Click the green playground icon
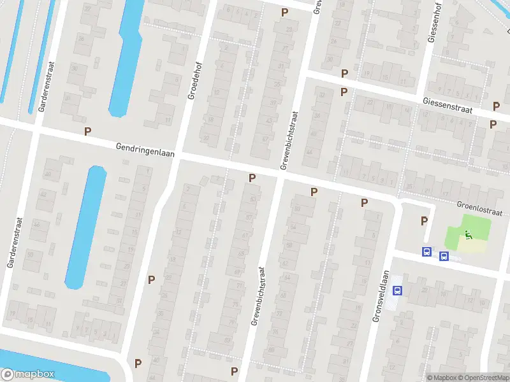click(x=469, y=235)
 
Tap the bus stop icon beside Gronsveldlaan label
click(x=397, y=290)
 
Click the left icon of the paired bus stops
click(x=426, y=252)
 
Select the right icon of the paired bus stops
click(x=444, y=257)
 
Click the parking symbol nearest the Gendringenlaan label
click(x=88, y=132)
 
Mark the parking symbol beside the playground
click(x=424, y=221)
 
